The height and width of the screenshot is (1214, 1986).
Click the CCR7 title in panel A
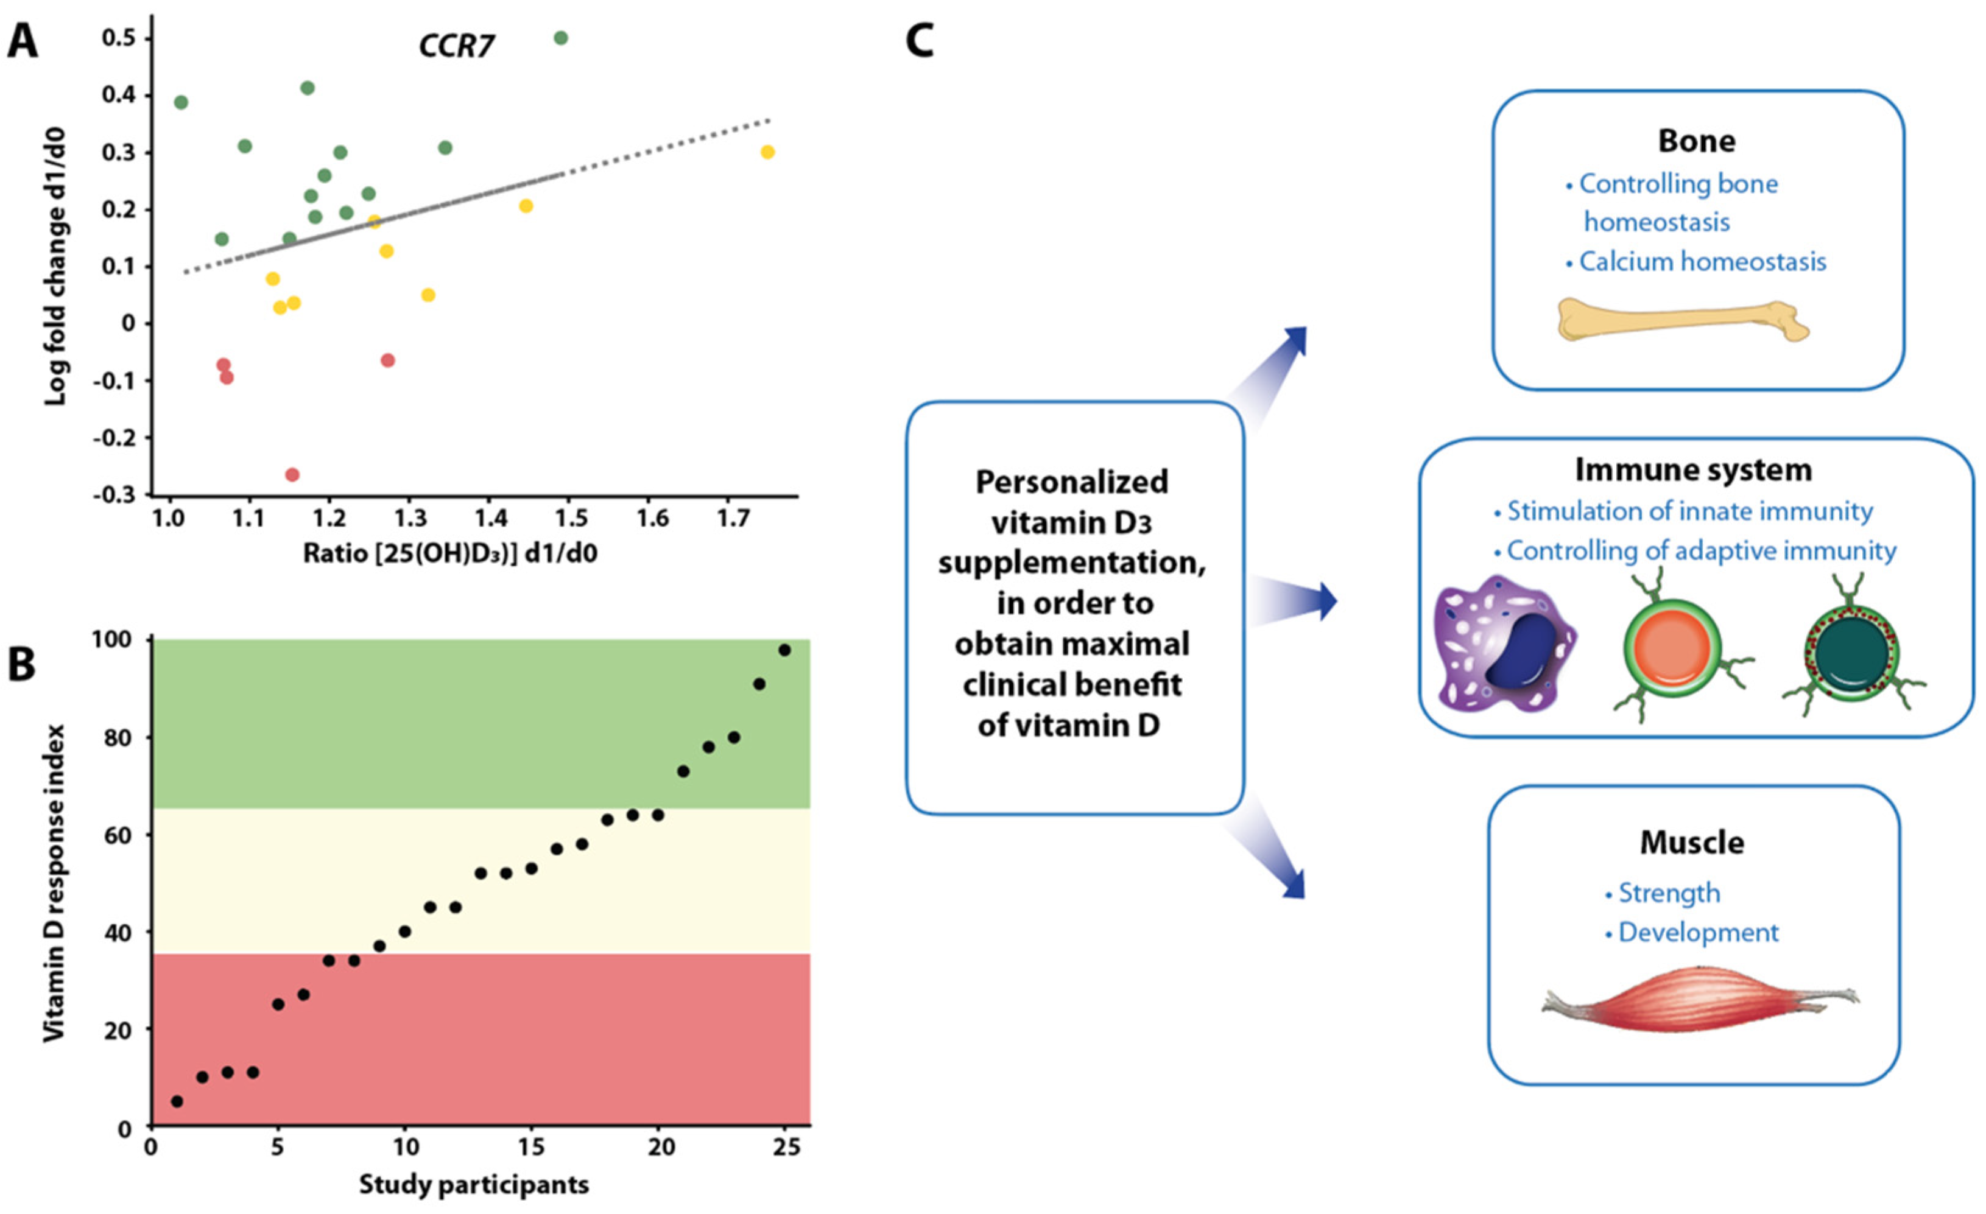click(x=456, y=46)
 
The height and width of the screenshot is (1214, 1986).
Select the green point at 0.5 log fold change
click(x=561, y=38)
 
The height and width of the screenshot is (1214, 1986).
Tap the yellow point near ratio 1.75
click(x=767, y=152)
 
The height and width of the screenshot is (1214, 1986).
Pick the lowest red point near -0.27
click(x=292, y=474)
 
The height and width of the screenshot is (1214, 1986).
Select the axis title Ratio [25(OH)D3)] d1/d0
click(x=449, y=553)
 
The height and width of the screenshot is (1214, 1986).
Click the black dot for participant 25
click(x=784, y=650)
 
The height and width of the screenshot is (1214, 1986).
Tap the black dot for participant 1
click(x=177, y=1101)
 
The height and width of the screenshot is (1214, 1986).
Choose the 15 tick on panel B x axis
click(x=531, y=1147)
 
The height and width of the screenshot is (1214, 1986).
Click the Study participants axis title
click(x=474, y=1185)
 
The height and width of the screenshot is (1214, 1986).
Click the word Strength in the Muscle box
click(x=1669, y=893)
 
